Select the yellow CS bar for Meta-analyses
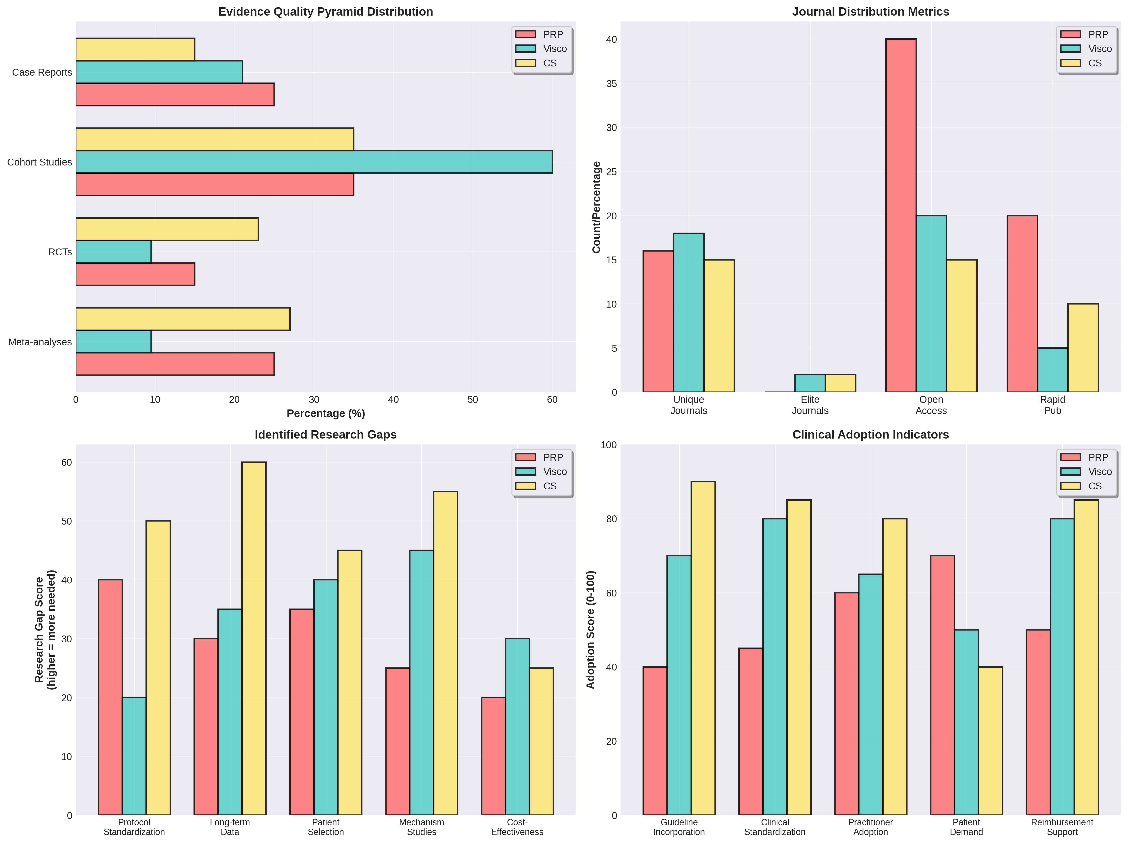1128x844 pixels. point(183,319)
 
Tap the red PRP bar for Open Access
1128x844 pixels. point(901,216)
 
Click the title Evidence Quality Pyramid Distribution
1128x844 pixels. point(325,12)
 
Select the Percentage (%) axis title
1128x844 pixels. point(325,413)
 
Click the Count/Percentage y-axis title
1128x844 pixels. point(596,207)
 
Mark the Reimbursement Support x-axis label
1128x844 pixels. point(1062,827)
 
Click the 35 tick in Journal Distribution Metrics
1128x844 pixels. point(611,84)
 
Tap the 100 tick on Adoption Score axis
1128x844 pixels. point(608,445)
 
